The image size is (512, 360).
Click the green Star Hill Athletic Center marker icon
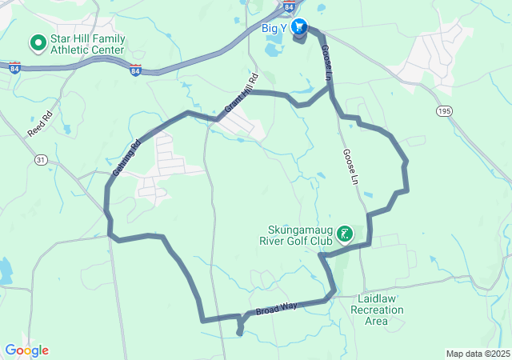[37, 42]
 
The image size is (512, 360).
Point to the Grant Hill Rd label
[242, 93]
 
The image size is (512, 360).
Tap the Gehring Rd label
[126, 158]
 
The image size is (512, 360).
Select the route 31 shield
[41, 161]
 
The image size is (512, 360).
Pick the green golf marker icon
[345, 234]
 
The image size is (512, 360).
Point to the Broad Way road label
[277, 307]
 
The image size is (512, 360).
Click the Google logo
[26, 350]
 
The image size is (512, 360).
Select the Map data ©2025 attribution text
[477, 354]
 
